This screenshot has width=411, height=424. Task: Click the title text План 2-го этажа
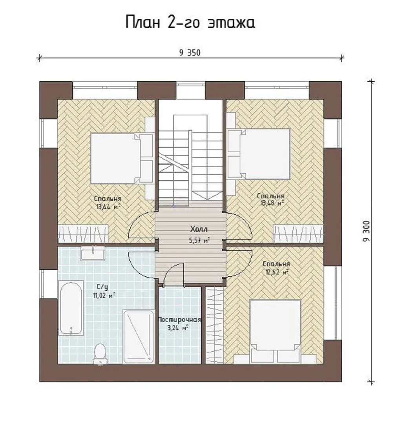(190, 22)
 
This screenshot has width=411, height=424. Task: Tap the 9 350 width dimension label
(190, 53)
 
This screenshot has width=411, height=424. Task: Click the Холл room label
(199, 229)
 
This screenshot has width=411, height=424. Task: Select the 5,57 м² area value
(199, 240)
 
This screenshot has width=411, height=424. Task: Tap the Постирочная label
(179, 320)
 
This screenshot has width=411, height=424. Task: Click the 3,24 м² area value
(178, 328)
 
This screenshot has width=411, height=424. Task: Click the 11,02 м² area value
(104, 295)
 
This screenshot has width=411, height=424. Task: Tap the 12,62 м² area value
(277, 272)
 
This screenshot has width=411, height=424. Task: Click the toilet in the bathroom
(99, 354)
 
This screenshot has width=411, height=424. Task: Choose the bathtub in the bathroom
(71, 308)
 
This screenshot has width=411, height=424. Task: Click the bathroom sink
(93, 253)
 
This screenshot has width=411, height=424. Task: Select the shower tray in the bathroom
(139, 337)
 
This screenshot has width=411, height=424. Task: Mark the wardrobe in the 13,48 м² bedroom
(298, 233)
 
